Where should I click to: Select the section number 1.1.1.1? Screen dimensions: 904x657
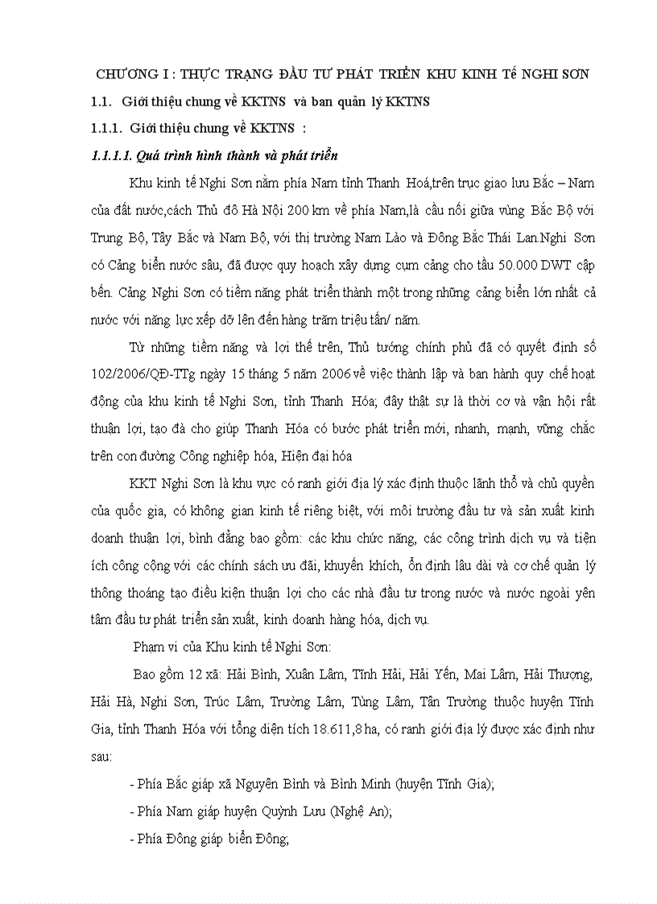point(112,155)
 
